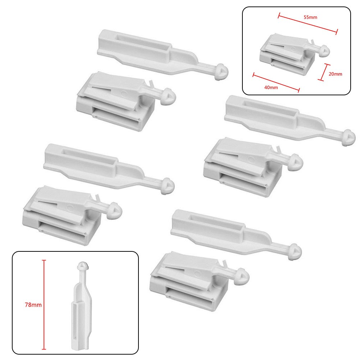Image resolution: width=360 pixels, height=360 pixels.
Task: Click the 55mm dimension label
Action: click(x=310, y=17)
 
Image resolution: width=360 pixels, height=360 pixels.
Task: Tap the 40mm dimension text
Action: click(x=271, y=87)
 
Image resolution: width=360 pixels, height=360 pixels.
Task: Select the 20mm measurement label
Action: click(x=335, y=74)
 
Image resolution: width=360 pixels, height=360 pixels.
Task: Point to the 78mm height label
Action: click(x=33, y=305)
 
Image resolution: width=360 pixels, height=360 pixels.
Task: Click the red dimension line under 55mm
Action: click(x=308, y=24)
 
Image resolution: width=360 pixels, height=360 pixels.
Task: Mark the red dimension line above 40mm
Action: click(x=276, y=82)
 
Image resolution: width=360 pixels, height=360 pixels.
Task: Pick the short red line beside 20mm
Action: click(x=324, y=72)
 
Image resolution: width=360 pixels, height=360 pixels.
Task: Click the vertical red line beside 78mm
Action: click(x=44, y=305)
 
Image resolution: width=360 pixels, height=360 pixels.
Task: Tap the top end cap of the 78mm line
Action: click(x=44, y=260)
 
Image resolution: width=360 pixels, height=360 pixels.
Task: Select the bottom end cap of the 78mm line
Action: click(x=44, y=349)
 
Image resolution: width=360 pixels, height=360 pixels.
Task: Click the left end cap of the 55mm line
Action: click(x=279, y=15)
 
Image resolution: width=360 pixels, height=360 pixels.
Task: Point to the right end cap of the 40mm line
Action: click(x=299, y=90)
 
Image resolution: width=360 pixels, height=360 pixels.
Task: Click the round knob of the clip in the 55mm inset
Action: click(x=325, y=51)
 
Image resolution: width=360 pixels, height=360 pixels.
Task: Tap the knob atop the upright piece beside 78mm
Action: click(x=82, y=266)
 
